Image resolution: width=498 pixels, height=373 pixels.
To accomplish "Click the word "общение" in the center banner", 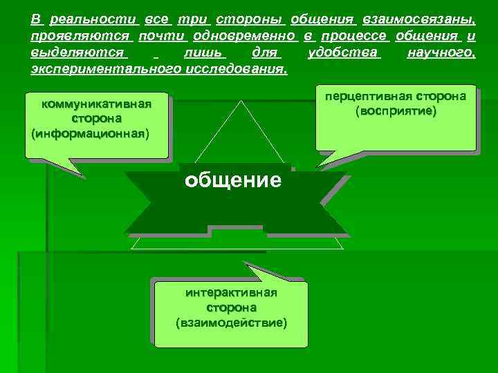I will click(x=232, y=181).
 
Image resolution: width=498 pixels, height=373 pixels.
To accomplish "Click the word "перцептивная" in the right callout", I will click(x=376, y=96).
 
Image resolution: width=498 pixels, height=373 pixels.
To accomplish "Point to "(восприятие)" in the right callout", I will click(x=396, y=111).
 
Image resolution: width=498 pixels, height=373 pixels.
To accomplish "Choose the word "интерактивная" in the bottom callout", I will click(x=231, y=292).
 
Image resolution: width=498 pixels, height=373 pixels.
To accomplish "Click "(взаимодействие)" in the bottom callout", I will click(x=231, y=322).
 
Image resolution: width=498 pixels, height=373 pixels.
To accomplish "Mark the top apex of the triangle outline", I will click(x=242, y=101).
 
